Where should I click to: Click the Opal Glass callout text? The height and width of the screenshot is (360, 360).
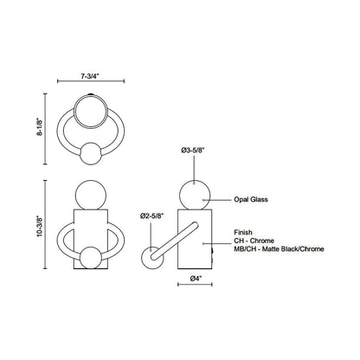click(250, 199)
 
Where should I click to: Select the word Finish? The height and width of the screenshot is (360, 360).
click(242, 232)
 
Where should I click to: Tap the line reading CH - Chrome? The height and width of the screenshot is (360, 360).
click(253, 241)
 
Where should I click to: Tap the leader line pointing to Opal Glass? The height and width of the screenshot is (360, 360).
click(221, 199)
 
